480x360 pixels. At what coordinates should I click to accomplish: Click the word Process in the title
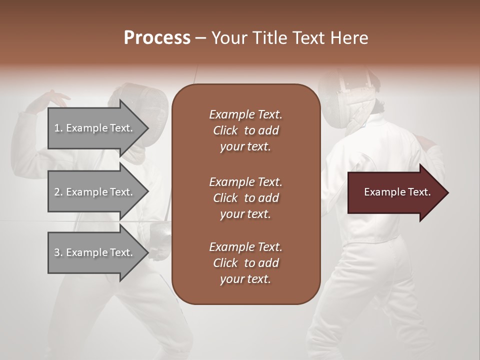click(x=157, y=38)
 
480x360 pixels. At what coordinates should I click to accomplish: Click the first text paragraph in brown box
click(x=245, y=130)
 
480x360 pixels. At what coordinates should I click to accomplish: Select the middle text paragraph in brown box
click(x=245, y=198)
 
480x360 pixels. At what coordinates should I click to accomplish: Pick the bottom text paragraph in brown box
click(x=245, y=263)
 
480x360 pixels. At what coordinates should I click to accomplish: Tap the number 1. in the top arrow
click(x=58, y=128)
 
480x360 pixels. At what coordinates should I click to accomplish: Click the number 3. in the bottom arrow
click(x=58, y=252)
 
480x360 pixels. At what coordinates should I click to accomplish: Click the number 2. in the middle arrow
click(x=58, y=192)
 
